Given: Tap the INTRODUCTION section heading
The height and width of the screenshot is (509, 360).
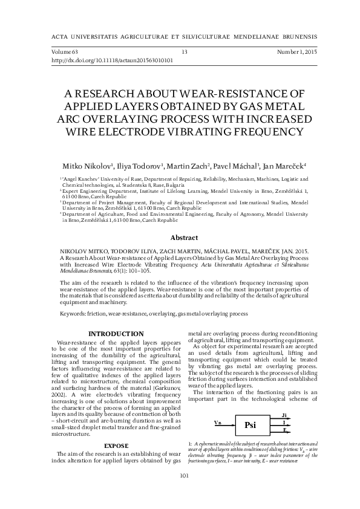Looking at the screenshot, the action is click(116, 334).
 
